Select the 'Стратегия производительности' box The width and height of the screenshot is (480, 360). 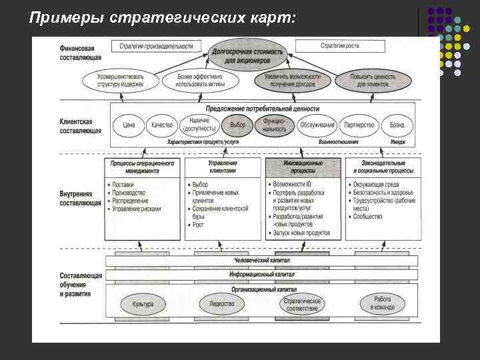(x=157, y=46)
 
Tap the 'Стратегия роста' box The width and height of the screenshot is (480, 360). (x=339, y=46)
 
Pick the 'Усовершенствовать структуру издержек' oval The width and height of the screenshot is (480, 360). (x=121, y=81)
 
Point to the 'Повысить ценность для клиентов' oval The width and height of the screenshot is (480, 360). (x=373, y=81)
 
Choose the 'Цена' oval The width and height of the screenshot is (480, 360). (x=129, y=125)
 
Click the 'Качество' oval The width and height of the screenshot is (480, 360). (x=162, y=125)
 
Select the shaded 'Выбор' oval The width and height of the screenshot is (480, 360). (x=237, y=125)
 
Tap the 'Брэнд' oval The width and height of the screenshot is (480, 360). (x=398, y=125)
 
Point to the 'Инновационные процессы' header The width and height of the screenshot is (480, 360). (x=303, y=167)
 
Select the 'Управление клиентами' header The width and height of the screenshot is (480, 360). (x=223, y=167)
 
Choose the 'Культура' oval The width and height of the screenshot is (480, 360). (x=142, y=304)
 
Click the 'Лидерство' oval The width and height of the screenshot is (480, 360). (x=222, y=304)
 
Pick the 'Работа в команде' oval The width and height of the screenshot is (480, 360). (x=382, y=303)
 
